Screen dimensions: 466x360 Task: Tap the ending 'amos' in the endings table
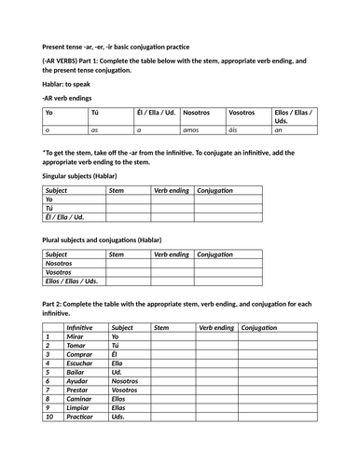(191, 131)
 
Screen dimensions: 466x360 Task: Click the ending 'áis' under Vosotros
(234, 131)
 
